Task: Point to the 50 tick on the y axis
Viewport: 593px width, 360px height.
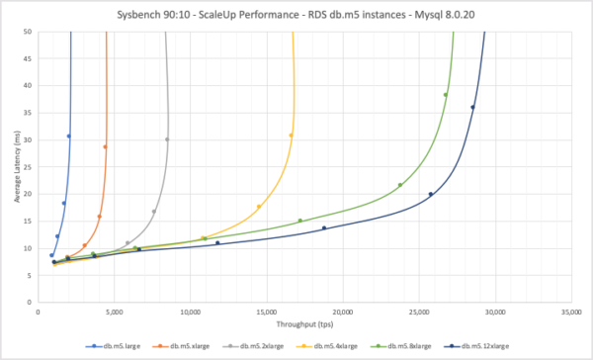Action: (28, 32)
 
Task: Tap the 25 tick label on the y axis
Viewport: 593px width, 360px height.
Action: (28, 167)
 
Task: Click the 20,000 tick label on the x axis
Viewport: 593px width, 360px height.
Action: (342, 312)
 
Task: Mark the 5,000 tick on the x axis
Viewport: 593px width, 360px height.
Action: (114, 312)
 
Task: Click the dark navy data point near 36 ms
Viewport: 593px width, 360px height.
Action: (472, 108)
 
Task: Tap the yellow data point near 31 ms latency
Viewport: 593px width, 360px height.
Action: (291, 135)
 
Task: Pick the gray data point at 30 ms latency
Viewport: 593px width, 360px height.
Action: (167, 139)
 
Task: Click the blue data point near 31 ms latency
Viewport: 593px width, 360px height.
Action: (68, 136)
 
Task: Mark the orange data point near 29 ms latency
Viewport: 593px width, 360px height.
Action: (105, 147)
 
